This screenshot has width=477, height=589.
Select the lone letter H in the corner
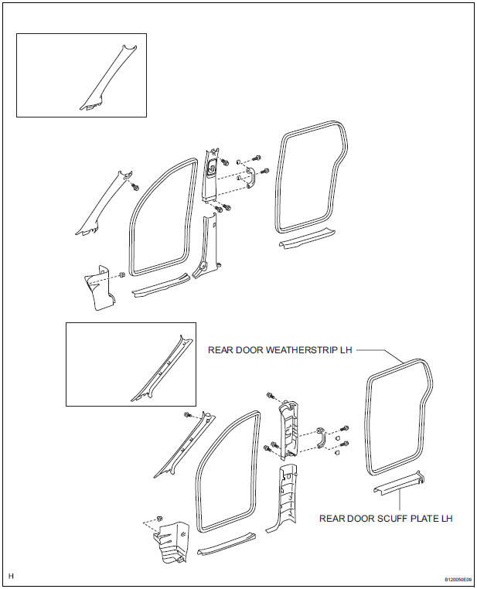coord(11,576)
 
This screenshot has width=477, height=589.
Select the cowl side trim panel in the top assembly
coord(97,286)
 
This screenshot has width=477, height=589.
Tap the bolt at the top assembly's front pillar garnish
coord(135,186)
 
